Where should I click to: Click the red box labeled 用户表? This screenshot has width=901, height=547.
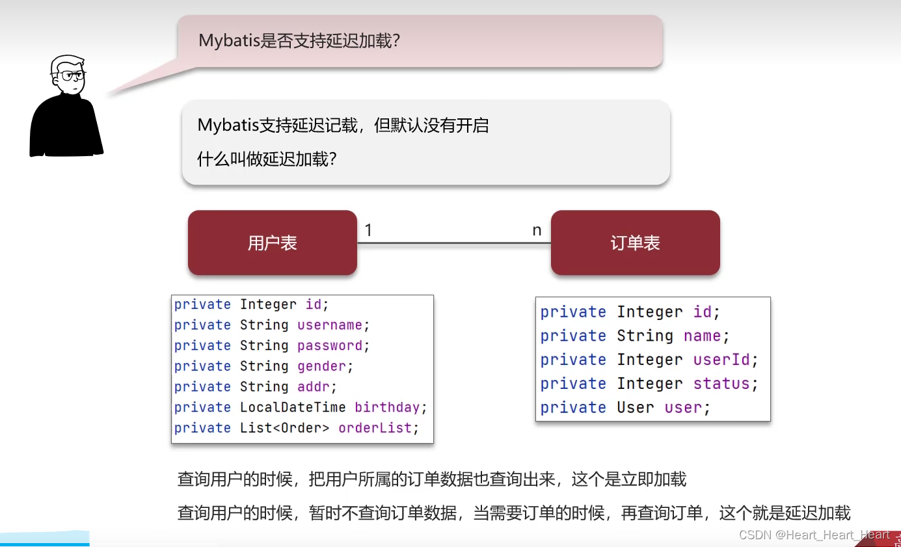272,243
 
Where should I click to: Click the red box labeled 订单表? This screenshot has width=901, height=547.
635,243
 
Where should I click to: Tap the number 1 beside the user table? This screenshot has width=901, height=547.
368,230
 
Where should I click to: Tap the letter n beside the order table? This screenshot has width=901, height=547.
537,230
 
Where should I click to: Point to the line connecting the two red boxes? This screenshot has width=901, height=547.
453,243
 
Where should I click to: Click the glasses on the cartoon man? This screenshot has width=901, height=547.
72,75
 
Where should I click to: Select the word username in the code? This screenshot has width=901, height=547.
330,325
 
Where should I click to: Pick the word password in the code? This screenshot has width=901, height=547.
330,345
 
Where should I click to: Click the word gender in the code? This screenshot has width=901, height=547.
322,366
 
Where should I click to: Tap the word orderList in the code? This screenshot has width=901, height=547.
375,428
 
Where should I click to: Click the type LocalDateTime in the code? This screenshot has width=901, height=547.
293,407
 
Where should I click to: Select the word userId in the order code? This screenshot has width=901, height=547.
721,360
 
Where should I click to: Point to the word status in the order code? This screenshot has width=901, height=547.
721,384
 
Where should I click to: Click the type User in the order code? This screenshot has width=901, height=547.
636,408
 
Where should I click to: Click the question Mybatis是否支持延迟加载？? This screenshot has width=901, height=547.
299,41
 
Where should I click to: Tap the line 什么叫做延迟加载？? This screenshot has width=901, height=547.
267,159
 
